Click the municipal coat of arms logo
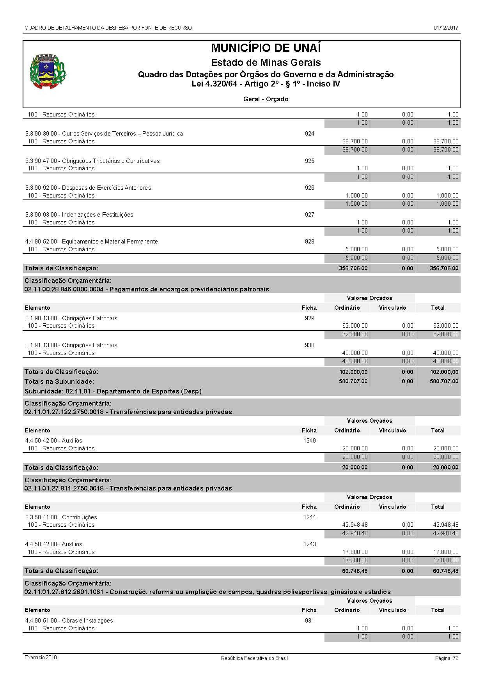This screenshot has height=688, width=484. click(48, 72)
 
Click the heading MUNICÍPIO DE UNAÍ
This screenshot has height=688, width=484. click(266, 48)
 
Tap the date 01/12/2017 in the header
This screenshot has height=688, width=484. click(446, 28)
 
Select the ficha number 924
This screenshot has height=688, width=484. click(309, 134)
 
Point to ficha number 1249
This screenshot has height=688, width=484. click(309, 441)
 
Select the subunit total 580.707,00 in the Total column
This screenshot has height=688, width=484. click(444, 381)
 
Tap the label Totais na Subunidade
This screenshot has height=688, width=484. click(59, 381)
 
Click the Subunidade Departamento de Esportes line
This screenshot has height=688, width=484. click(113, 391)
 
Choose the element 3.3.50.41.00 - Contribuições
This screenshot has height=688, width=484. click(61, 517)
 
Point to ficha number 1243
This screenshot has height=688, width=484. click(309, 544)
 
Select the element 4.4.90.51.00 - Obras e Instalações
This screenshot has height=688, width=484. click(69, 621)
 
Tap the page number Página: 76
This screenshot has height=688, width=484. click(447, 658)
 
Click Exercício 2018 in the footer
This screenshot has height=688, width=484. click(41, 658)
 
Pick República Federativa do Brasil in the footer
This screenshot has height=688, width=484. click(254, 658)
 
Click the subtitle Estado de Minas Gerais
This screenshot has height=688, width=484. click(266, 62)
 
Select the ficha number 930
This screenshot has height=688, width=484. click(309, 345)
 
